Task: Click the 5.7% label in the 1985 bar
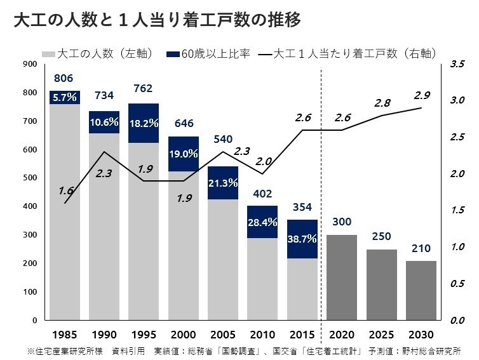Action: pyautogui.click(x=65, y=97)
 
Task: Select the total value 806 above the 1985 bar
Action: pyautogui.click(x=64, y=79)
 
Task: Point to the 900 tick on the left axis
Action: pyautogui.click(x=29, y=64)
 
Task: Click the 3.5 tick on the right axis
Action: pyautogui.click(x=457, y=64)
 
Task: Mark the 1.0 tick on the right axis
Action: pyautogui.click(x=457, y=247)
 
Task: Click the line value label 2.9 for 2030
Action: pyautogui.click(x=422, y=95)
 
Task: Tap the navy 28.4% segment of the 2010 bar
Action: pyautogui.click(x=262, y=222)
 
